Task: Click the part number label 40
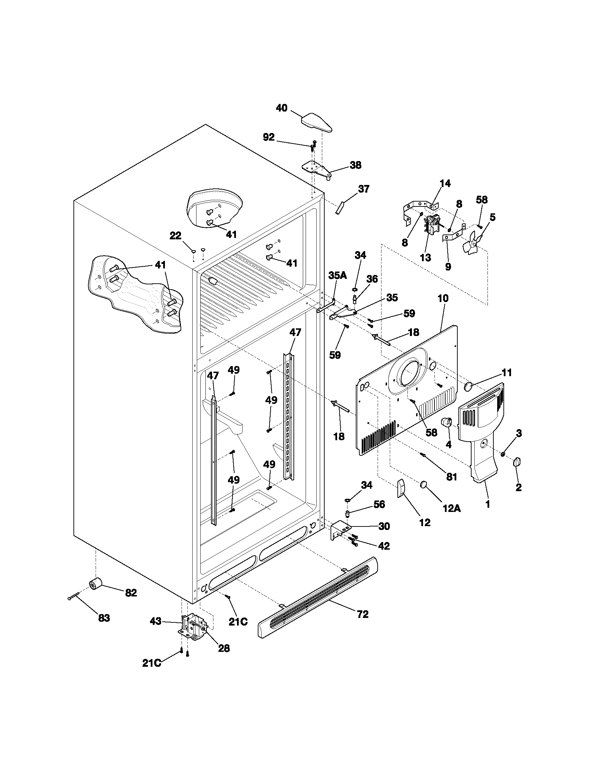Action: pos(282,108)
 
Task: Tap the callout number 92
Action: pos(269,138)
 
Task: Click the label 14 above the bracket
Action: pos(445,183)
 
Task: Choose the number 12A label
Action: pos(452,509)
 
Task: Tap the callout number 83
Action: pos(104,618)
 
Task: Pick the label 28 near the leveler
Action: pos(224,648)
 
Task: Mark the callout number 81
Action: pos(451,477)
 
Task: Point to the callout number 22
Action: pos(176,236)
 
